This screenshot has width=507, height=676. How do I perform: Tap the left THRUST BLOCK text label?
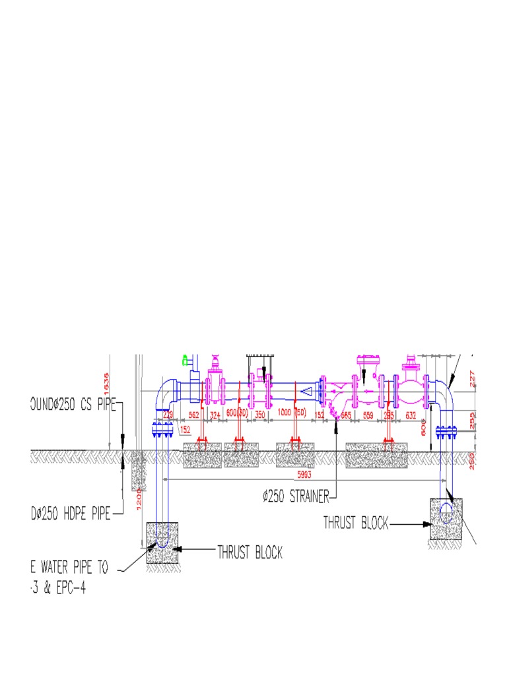point(250,553)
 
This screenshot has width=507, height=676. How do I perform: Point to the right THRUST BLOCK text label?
point(355,524)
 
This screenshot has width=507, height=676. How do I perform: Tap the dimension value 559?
point(368,415)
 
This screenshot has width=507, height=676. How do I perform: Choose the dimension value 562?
point(193,415)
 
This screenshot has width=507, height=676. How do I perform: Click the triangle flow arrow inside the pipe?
point(306,391)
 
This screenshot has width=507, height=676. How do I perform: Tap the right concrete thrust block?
point(446,519)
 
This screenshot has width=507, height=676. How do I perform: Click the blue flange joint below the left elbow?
point(161,430)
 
